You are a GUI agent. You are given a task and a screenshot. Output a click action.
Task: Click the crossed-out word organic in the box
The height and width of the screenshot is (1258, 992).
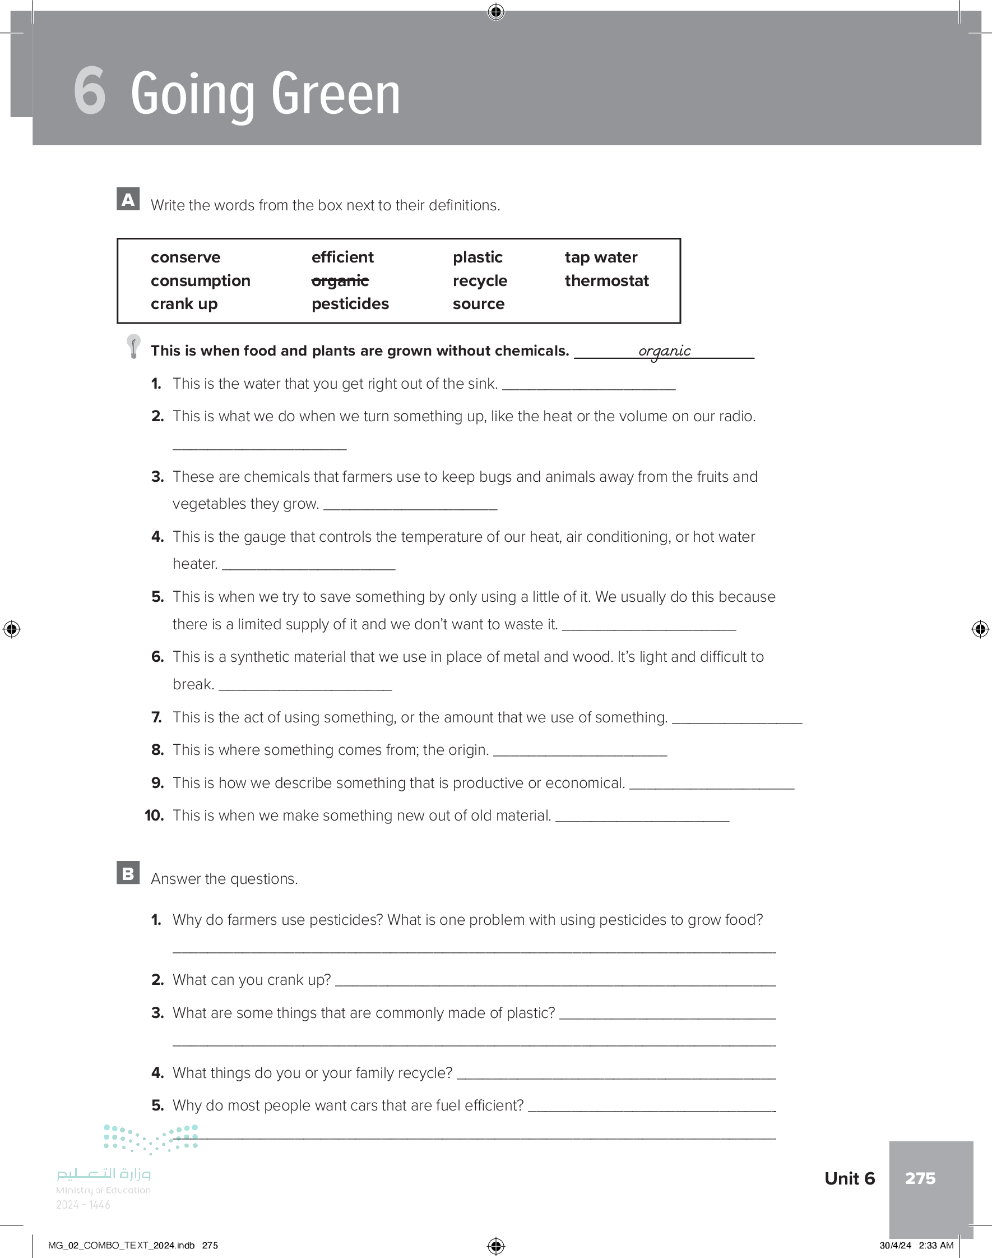pos(340,281)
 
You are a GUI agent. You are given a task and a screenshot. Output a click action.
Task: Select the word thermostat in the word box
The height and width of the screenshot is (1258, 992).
pos(606,280)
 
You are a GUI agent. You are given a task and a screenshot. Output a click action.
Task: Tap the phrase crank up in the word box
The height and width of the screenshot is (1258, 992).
pos(184,304)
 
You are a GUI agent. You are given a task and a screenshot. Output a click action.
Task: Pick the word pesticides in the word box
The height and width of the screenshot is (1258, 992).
pos(350,304)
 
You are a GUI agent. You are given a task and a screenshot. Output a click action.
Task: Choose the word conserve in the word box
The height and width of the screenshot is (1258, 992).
pos(186,257)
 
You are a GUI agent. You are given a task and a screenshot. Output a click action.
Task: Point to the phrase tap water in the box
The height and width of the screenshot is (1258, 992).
pos(601,257)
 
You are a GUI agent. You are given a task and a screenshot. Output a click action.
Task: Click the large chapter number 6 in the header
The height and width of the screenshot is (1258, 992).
pos(90,91)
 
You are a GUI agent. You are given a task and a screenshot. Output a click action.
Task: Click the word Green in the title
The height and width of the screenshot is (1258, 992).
pos(336,94)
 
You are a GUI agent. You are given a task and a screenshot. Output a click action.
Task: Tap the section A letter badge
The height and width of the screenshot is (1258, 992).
pos(128,199)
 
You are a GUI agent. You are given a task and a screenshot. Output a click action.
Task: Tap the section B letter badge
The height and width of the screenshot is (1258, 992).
pos(128,873)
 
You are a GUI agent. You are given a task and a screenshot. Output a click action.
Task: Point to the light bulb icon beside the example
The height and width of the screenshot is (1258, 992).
pos(133,346)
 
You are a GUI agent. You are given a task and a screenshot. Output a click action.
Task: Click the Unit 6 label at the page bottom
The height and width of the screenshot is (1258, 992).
pos(849,1178)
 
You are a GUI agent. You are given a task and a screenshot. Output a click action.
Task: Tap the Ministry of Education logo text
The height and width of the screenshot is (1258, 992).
pos(103,1190)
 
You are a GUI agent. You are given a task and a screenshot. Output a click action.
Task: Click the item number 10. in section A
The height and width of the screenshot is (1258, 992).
pos(155,816)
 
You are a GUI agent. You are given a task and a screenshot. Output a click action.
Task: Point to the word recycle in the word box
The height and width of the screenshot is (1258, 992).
pos(480,280)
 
